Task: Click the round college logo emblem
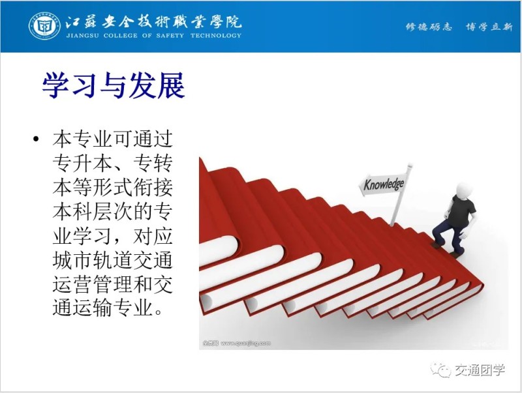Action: click(x=44, y=26)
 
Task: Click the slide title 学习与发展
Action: click(x=113, y=85)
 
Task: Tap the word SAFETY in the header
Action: click(x=170, y=36)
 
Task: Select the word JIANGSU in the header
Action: click(x=83, y=36)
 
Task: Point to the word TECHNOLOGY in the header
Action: click(x=216, y=36)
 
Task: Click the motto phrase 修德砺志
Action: click(x=429, y=27)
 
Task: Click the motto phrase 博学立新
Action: click(x=489, y=27)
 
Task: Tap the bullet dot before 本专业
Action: click(x=37, y=139)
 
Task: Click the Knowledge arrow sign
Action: click(x=383, y=184)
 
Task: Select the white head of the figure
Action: click(x=464, y=190)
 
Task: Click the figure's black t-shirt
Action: click(x=462, y=211)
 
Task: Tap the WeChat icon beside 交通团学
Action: click(x=440, y=369)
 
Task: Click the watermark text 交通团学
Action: click(x=480, y=370)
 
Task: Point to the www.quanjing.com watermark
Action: click(x=246, y=343)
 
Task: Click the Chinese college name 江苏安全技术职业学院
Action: click(x=153, y=22)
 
